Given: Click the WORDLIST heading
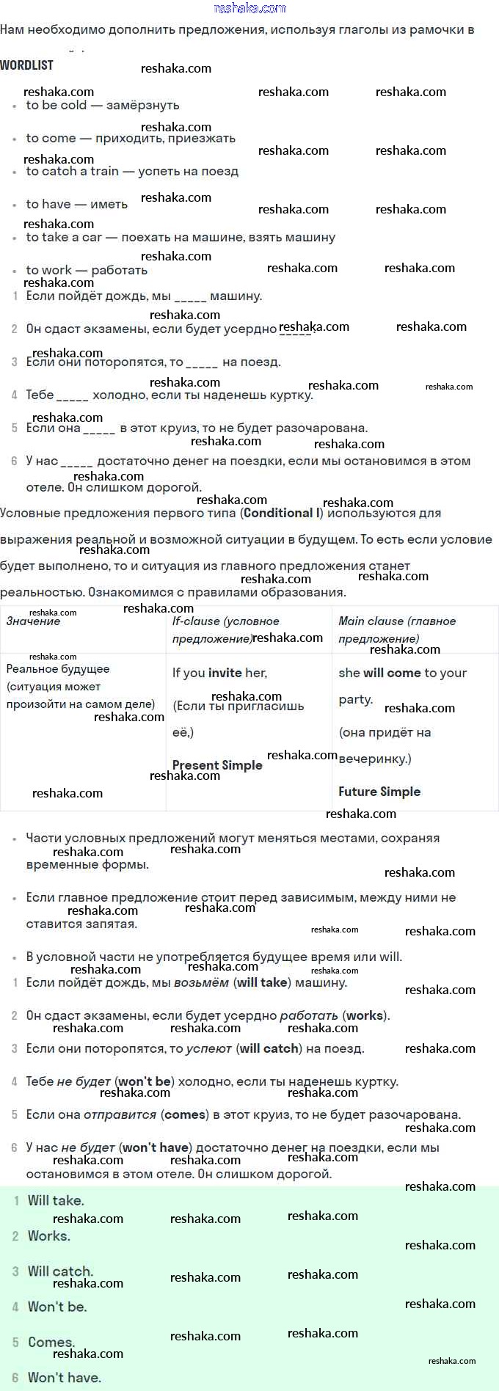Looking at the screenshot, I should point(26,65).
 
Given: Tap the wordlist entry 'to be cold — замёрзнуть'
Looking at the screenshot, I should point(102,106).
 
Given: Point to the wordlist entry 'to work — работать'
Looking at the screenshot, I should point(87,271).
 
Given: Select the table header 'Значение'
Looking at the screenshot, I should point(33,621).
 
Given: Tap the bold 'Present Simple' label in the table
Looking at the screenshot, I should point(217,765).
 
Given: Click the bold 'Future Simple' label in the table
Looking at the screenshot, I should point(379,792).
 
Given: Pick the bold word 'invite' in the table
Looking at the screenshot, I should point(225,673).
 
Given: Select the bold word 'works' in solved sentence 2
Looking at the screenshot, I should point(365,1015).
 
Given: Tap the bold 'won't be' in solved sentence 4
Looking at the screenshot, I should point(145,1081).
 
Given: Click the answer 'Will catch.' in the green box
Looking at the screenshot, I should point(61,1271).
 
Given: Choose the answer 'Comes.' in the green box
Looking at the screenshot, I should point(51,1342).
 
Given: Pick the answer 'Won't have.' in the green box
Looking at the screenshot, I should point(65,1377).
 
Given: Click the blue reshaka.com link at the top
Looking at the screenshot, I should point(249,8).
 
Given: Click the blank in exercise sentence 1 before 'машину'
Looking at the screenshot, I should point(191,297).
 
